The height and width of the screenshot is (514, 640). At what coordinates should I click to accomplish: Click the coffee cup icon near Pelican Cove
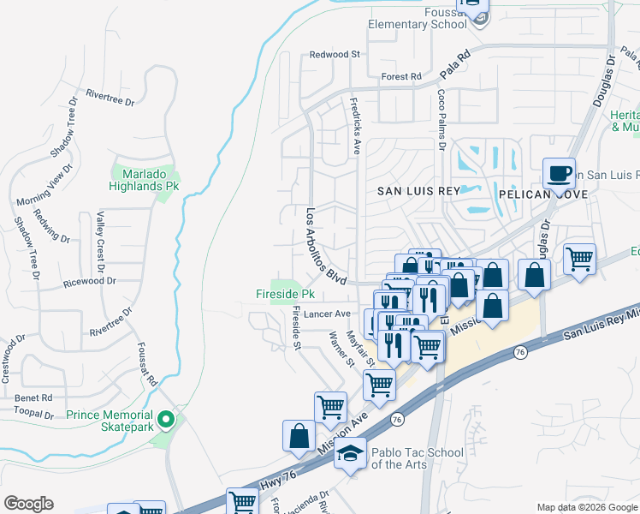pos(559,174)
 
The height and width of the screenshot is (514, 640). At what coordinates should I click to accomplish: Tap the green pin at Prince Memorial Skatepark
pos(168,419)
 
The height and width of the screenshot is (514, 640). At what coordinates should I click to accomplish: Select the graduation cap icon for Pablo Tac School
pos(350,453)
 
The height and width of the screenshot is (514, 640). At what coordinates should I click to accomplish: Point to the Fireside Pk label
pos(286,294)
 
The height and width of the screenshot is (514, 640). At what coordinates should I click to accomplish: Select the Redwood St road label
pos(335,54)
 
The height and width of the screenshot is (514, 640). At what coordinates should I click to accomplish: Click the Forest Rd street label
pos(401,76)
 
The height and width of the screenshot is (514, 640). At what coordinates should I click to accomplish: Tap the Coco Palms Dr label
pos(441,120)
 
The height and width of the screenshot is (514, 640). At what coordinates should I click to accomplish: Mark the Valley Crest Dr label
pos(100,236)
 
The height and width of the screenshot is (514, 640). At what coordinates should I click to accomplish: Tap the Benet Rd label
pos(34,397)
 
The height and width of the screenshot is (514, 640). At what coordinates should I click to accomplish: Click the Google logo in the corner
pos(28,504)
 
